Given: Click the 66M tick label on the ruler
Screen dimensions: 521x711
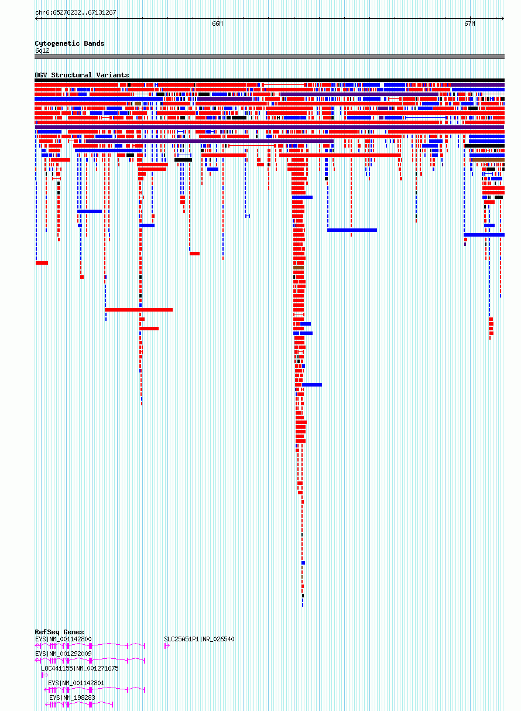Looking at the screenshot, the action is (x=217, y=24).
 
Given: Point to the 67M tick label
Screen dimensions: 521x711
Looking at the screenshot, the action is (x=469, y=24).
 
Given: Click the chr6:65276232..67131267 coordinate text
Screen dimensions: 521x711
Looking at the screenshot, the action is (x=76, y=12).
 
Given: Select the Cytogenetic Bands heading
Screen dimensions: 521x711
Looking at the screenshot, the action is (x=70, y=43).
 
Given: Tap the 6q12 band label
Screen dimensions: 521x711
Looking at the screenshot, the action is (x=42, y=51).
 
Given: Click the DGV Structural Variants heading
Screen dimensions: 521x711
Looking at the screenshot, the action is (x=82, y=75).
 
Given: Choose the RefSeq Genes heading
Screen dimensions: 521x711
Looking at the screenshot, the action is (x=59, y=632).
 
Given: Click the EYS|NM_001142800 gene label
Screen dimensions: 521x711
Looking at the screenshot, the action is (x=63, y=639).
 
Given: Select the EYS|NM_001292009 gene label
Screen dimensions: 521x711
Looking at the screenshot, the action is (x=63, y=654).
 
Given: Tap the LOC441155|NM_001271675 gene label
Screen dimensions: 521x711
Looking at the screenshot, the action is (x=80, y=668).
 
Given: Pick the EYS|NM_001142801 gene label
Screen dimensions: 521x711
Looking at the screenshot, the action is (x=76, y=683).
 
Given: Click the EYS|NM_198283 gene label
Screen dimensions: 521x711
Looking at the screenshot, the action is (x=72, y=698).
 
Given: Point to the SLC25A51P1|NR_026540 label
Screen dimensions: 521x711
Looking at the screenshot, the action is (x=199, y=639).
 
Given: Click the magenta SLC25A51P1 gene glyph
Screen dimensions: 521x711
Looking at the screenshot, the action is (x=167, y=645).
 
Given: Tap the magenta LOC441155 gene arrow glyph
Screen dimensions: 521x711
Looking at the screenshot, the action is (x=44, y=675).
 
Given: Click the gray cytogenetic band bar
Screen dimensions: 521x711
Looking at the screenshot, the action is (x=269, y=57).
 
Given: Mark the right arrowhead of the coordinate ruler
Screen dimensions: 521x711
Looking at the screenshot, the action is (x=502, y=18).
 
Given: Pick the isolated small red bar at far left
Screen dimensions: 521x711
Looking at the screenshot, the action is (x=42, y=263).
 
